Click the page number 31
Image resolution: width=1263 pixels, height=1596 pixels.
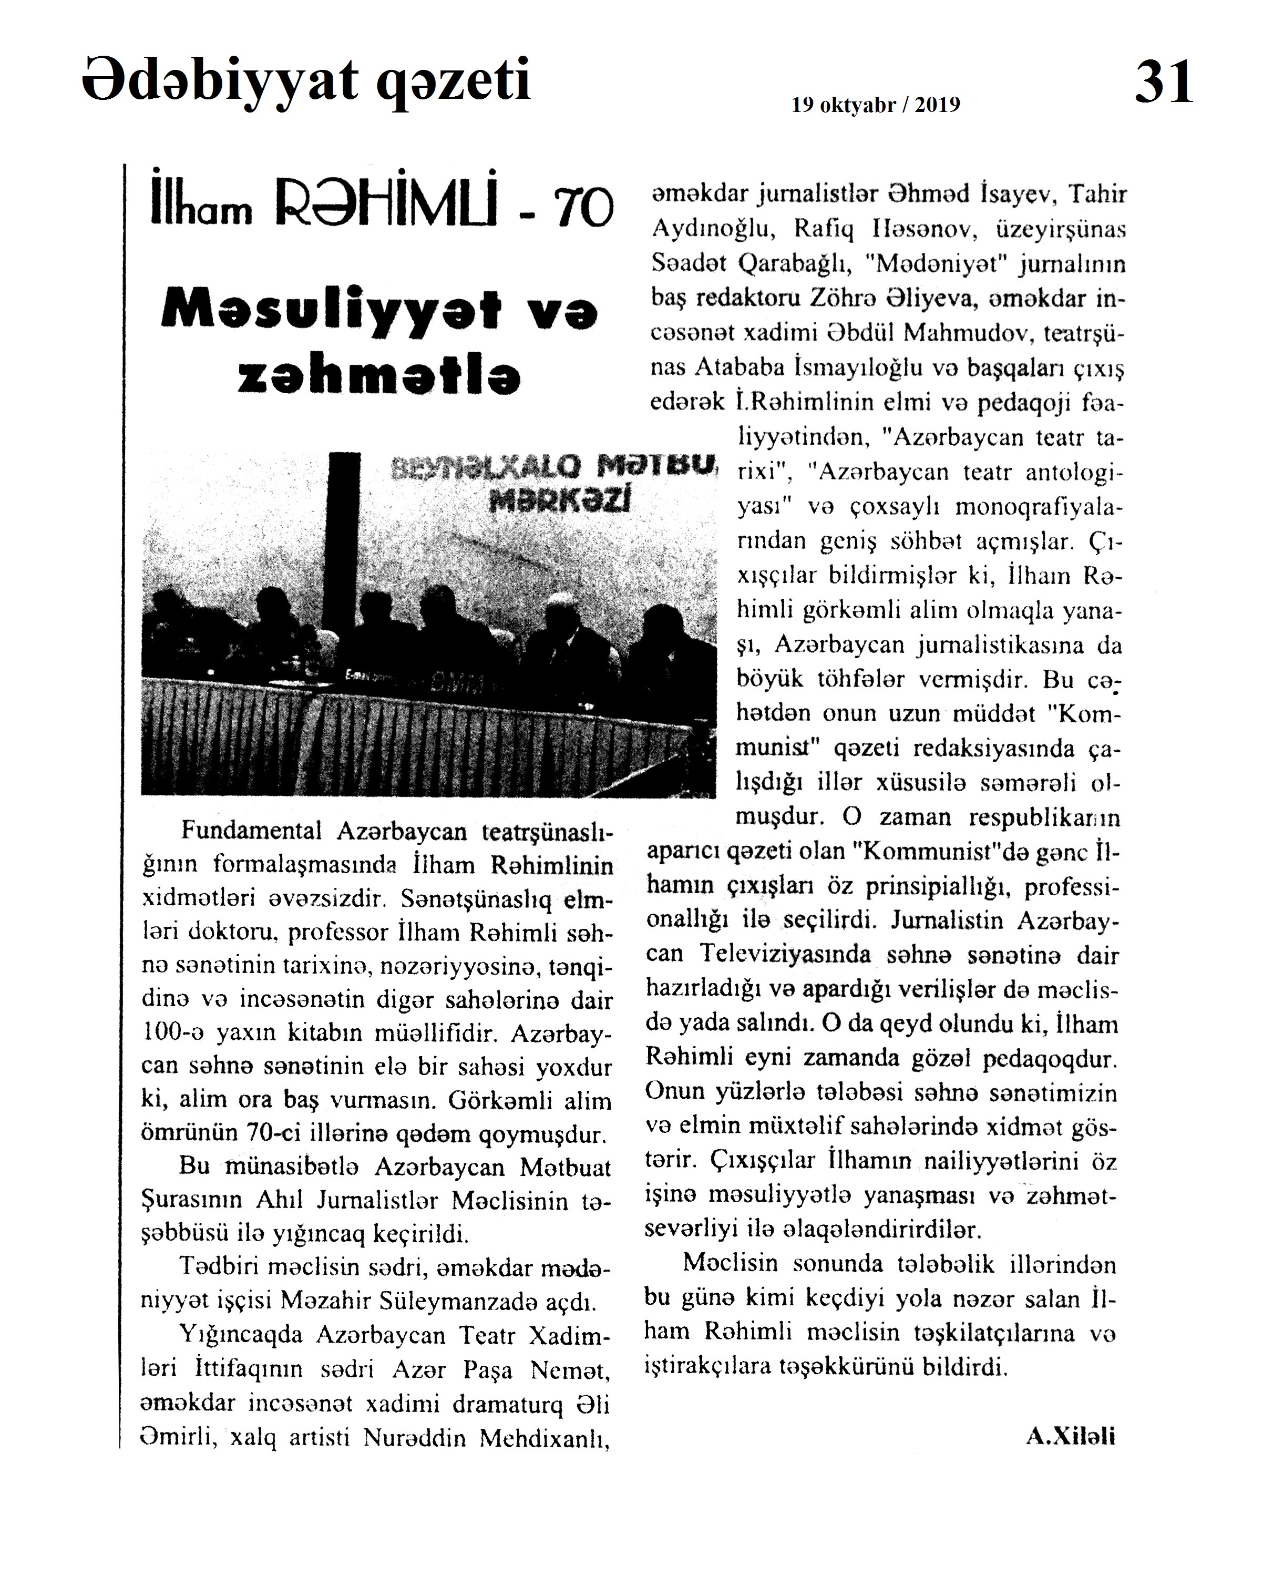[x=1163, y=83]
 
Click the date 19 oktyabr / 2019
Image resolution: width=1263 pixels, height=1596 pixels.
[x=876, y=105]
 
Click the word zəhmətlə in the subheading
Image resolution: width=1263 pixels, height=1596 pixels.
[x=379, y=376]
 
